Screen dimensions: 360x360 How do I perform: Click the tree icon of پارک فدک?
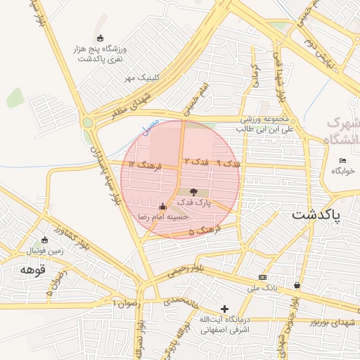[194, 191]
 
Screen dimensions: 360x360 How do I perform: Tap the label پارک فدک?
[194, 202]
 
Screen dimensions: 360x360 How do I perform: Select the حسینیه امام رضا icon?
[163, 207]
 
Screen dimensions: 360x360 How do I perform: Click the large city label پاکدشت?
[316, 214]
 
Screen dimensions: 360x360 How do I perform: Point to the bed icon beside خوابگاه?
[342, 161]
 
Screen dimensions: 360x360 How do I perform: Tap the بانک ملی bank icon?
[263, 277]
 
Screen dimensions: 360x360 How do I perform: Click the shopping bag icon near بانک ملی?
[297, 285]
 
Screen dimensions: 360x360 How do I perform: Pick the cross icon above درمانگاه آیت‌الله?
[224, 309]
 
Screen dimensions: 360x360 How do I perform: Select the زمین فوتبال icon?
[45, 240]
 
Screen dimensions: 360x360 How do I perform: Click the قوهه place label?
[33, 269]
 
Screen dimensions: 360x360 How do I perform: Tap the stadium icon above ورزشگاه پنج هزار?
[100, 38]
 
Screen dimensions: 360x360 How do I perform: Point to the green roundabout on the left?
[87, 122]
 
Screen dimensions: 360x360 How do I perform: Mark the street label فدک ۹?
[228, 163]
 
